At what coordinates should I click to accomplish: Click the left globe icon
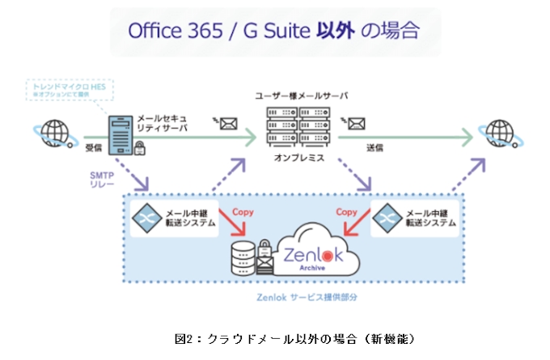tap(54, 132)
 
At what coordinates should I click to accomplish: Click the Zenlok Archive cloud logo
tap(311, 248)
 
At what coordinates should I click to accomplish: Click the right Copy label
tap(347, 212)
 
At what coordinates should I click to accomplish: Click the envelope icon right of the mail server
tap(357, 124)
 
